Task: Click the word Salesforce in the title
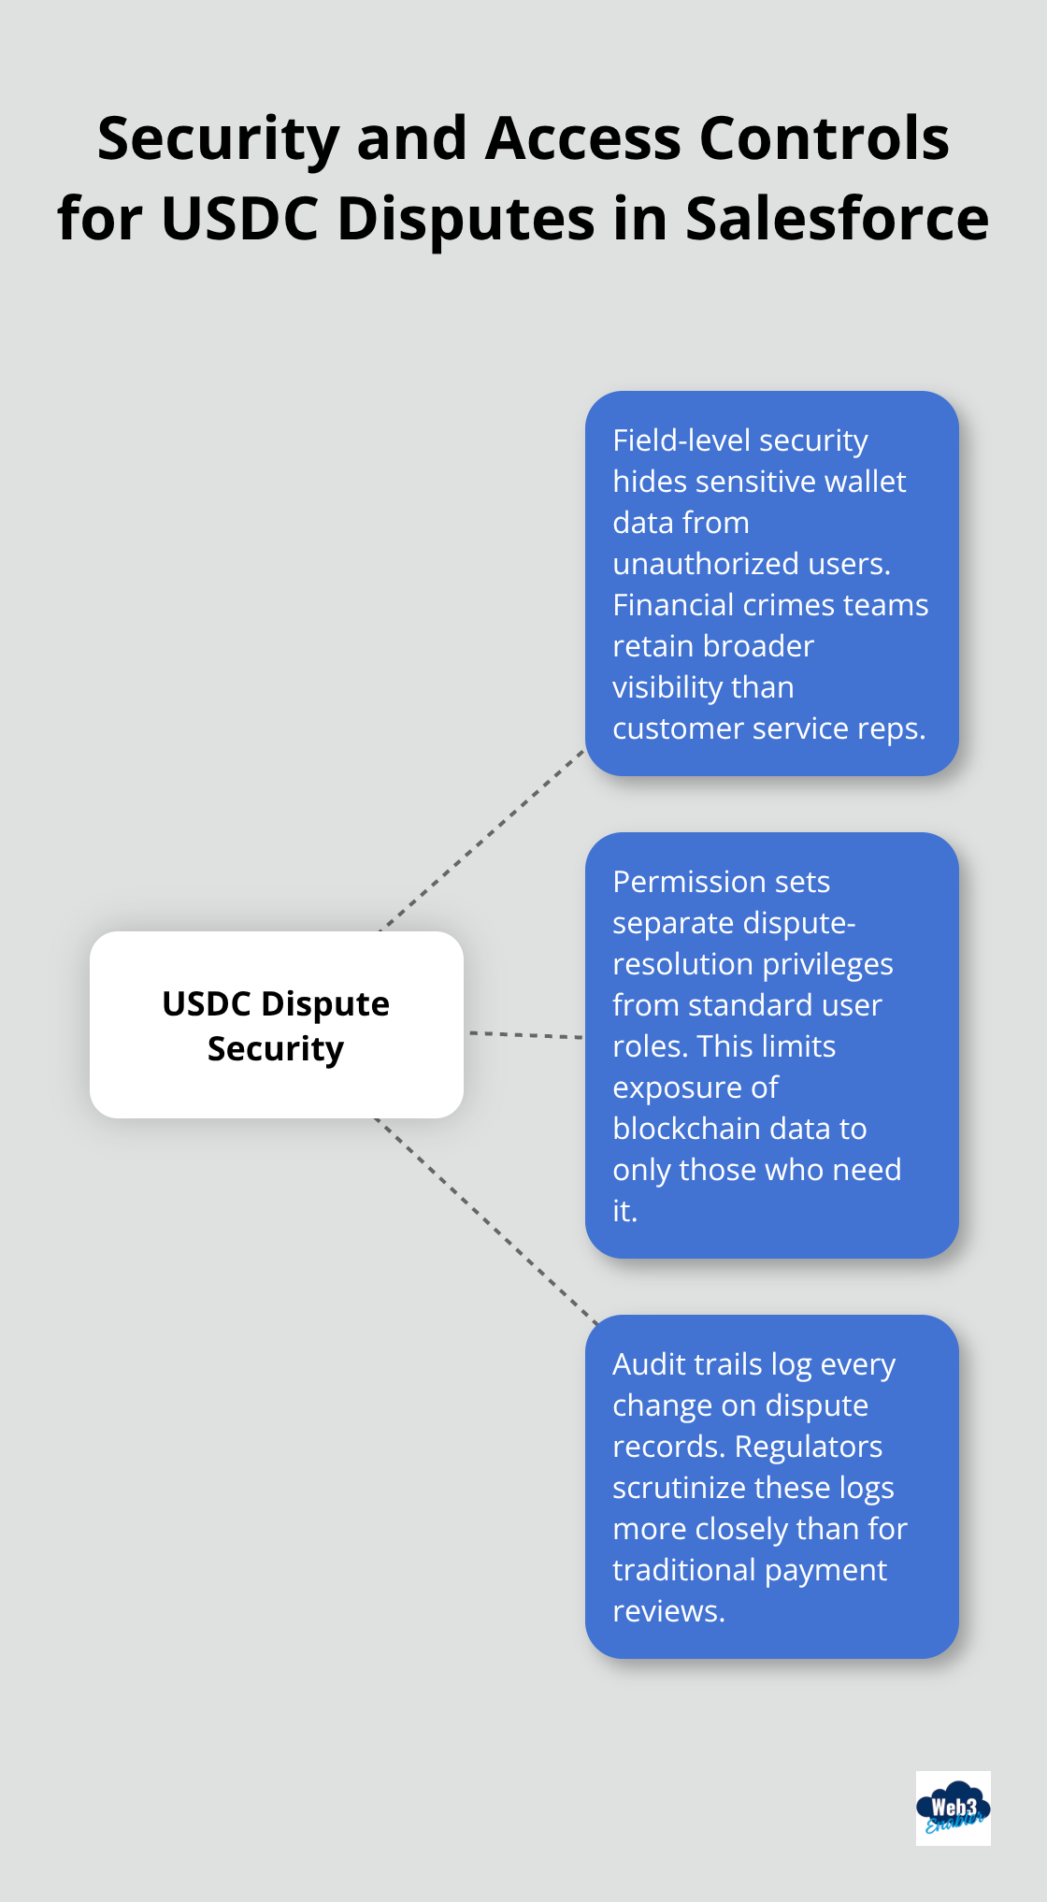click(x=837, y=219)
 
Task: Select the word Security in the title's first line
click(x=218, y=138)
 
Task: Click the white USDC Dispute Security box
click(x=276, y=1025)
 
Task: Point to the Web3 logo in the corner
click(x=953, y=1808)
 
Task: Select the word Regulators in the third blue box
click(x=808, y=1447)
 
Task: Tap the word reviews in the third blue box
click(x=667, y=1611)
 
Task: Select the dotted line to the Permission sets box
click(x=524, y=1035)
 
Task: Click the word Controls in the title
click(x=824, y=138)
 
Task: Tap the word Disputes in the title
click(x=466, y=219)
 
